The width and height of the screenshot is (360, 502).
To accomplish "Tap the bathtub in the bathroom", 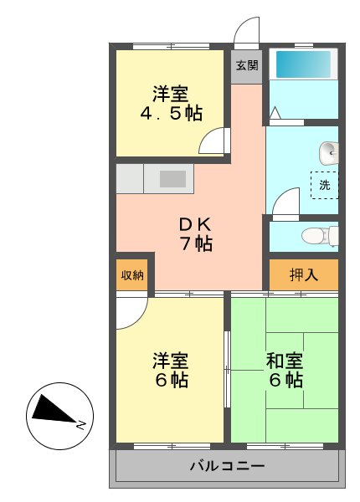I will point(302,64).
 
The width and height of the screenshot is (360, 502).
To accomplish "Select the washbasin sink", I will point(329,153).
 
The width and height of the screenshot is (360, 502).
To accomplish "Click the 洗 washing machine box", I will point(325,185).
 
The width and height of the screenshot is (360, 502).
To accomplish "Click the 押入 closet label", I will point(303,274).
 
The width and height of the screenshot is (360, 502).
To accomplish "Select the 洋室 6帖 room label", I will point(170,370).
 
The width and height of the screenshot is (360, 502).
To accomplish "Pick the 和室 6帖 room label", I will point(284,370).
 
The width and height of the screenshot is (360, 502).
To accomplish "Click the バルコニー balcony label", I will point(227,465).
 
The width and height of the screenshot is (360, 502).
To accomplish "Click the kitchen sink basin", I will point(172,178).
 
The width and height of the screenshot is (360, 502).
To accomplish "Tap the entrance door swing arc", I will point(247,32).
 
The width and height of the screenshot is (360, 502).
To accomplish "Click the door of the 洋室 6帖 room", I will point(131,311).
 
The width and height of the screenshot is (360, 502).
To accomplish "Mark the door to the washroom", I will point(285,201).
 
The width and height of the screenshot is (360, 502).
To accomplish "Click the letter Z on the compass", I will point(80,425).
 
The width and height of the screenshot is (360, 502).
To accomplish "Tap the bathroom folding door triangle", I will point(275,110).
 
